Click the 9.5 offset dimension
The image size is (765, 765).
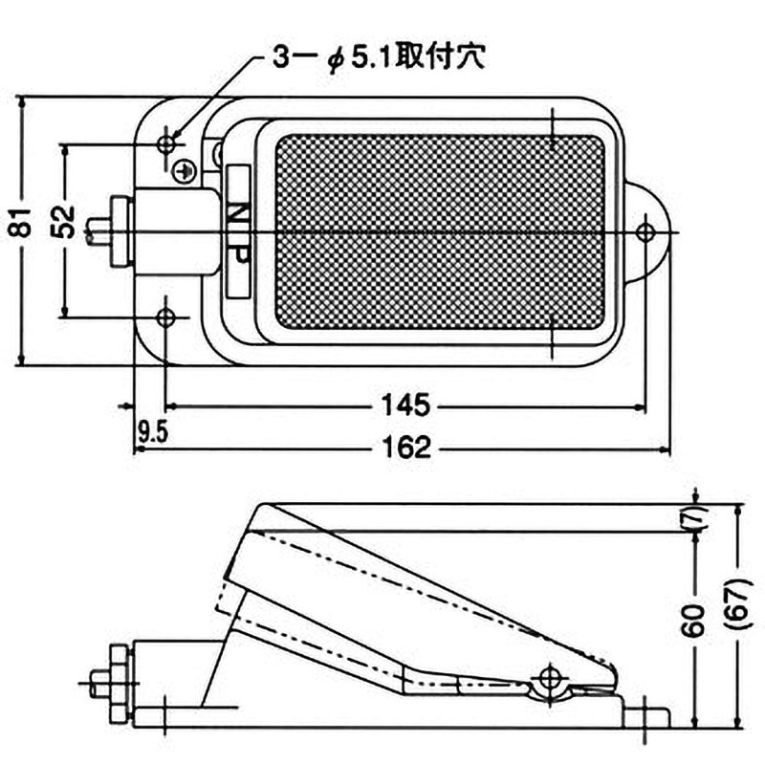152,432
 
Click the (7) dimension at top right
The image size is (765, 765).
696,516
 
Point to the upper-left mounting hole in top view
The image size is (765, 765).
166,143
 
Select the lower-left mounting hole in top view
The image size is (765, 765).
166,317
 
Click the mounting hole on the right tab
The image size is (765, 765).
645,230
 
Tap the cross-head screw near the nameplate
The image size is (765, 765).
187,170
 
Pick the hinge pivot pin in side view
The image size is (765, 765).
549,678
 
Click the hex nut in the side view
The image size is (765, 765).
118,683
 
